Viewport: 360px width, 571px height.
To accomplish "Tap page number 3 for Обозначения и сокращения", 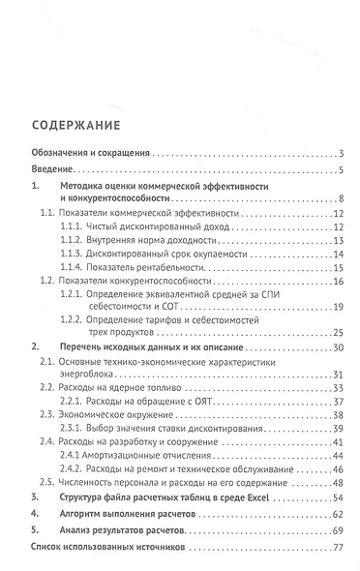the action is click(x=344, y=153).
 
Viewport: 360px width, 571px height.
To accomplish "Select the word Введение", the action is click(x=50, y=171).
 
